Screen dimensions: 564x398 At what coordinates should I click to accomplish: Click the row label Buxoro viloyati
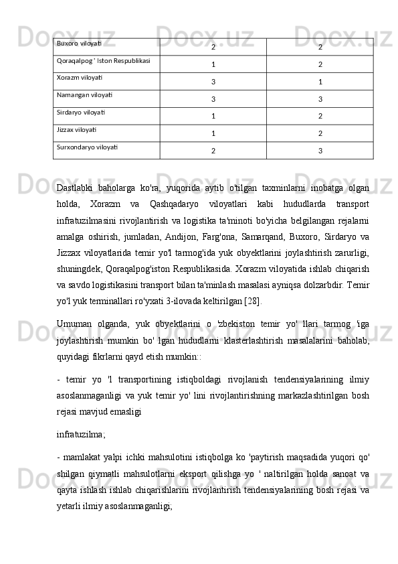pyautogui.click(x=80, y=44)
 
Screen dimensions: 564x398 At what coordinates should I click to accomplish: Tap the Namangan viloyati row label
pyautogui.click(x=84, y=95)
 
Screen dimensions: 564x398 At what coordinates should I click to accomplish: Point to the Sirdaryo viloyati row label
pyautogui.click(x=81, y=113)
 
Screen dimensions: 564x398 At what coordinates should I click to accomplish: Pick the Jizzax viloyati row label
pyautogui.click(x=76, y=129)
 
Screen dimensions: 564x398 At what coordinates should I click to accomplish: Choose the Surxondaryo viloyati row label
pyautogui.click(x=88, y=147)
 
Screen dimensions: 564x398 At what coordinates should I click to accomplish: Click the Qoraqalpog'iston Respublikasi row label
pyautogui.click(x=103, y=61)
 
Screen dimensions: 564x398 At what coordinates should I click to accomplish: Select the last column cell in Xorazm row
pyautogui.click(x=320, y=82)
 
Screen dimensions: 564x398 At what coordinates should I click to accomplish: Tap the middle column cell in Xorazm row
pyautogui.click(x=213, y=82)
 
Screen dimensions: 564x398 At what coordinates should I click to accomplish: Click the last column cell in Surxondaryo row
pyautogui.click(x=320, y=151)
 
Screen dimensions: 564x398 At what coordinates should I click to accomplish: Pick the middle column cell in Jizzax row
pyautogui.click(x=213, y=133)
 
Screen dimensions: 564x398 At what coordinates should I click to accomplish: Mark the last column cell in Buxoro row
pyautogui.click(x=320, y=48)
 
